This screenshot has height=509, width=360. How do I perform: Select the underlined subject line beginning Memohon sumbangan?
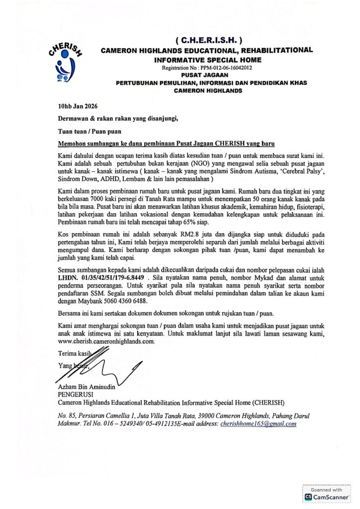tap(166, 143)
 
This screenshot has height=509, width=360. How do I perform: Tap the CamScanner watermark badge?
tap(326, 494)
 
